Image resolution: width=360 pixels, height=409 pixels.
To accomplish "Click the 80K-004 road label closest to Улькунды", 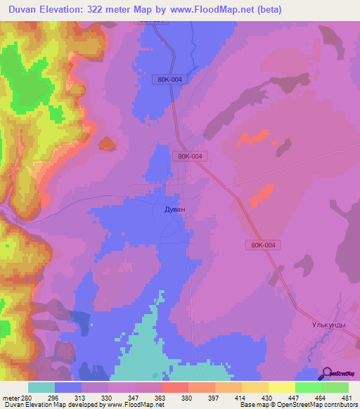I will (x=264, y=245).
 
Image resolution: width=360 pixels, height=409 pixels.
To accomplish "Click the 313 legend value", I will (x=82, y=398).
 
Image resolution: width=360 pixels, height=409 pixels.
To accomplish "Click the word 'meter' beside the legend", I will (x=11, y=398).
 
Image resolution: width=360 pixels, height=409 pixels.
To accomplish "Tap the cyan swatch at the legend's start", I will (x=41, y=387).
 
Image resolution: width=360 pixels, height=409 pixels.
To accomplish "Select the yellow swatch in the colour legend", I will (x=282, y=387).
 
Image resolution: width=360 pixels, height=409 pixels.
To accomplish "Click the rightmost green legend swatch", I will (x=335, y=387).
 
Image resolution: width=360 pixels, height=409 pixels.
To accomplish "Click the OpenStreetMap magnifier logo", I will (x=326, y=374).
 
